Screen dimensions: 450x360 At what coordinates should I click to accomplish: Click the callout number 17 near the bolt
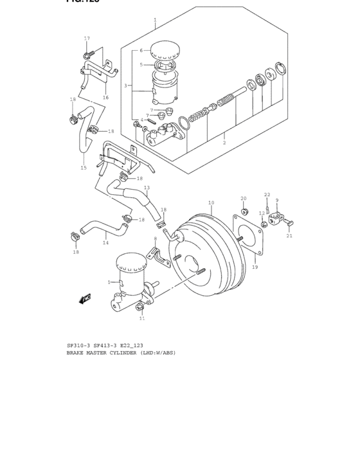[x=87, y=39]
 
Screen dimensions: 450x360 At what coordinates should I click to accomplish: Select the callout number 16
[x=105, y=98]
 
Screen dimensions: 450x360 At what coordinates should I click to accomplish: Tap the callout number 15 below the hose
[x=83, y=168]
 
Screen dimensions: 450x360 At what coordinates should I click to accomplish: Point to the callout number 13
[x=147, y=188]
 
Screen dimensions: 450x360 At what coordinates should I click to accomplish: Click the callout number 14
[x=105, y=243]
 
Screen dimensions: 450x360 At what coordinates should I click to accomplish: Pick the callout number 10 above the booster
[x=211, y=203]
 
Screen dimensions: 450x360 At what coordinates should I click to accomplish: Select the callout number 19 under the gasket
[x=255, y=267]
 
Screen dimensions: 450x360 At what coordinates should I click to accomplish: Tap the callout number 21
[x=289, y=236]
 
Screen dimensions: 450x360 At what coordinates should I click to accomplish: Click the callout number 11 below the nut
[x=142, y=318]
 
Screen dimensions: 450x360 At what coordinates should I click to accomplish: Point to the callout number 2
[x=224, y=142]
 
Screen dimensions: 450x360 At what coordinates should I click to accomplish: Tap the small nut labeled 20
[x=244, y=211]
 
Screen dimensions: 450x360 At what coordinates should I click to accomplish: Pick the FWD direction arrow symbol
[x=85, y=298]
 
